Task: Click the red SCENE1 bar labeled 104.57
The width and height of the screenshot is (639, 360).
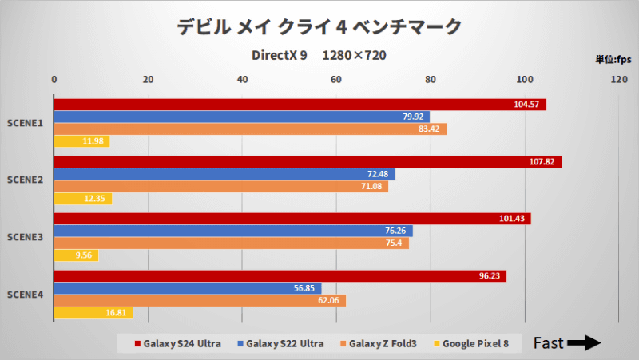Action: (x=300, y=105)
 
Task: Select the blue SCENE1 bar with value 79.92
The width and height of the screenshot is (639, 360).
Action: (x=241, y=117)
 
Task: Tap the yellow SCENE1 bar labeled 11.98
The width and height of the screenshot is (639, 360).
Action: (x=81, y=141)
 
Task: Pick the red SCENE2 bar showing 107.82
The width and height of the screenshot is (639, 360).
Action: (x=308, y=162)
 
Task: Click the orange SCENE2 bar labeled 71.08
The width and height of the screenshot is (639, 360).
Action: (x=220, y=187)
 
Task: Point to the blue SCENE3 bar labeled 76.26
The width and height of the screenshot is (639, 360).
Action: (x=232, y=231)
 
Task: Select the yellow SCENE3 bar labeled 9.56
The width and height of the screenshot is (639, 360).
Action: (x=76, y=255)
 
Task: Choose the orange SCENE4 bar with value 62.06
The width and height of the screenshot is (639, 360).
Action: (x=200, y=301)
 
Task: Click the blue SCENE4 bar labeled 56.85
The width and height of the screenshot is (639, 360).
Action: (x=187, y=288)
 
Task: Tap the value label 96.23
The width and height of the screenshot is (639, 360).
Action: (x=489, y=276)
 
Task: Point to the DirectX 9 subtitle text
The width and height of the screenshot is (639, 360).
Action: (x=279, y=56)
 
